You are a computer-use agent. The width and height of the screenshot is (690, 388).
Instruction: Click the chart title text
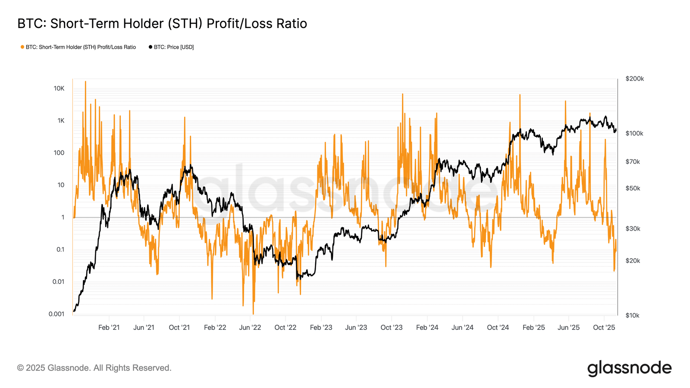pos(162,24)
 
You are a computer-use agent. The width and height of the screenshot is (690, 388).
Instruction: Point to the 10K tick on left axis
pos(59,88)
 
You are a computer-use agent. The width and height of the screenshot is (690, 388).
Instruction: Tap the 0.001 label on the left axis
pos(56,314)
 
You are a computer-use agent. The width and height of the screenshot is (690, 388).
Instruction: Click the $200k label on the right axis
pos(634,79)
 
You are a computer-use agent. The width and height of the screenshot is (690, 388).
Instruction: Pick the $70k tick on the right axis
pos(633,162)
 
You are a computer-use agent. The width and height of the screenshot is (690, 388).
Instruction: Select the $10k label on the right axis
pos(632,316)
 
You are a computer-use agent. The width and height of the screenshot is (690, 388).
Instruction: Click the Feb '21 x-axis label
pos(109,328)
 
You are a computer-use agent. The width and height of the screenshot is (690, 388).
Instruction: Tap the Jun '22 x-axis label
pos(250,328)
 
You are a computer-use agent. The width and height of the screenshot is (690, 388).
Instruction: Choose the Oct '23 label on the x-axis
pos(392,328)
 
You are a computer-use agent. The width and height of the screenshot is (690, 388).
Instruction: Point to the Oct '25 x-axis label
pos(604,328)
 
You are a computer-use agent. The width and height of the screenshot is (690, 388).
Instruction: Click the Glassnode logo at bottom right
pos(629,368)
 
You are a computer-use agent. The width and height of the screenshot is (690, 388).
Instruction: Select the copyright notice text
pos(94,368)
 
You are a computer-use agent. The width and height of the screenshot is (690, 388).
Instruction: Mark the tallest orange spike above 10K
pos(85,82)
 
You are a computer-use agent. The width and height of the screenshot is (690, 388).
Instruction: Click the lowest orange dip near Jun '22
pos(253,313)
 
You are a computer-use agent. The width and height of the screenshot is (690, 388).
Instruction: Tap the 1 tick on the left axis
pos(63,217)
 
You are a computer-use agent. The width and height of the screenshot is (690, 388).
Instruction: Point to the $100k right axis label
pos(634,134)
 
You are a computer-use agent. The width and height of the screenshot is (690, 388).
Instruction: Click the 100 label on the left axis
pos(59,153)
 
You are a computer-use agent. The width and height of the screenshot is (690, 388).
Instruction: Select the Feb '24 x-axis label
pos(427,328)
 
